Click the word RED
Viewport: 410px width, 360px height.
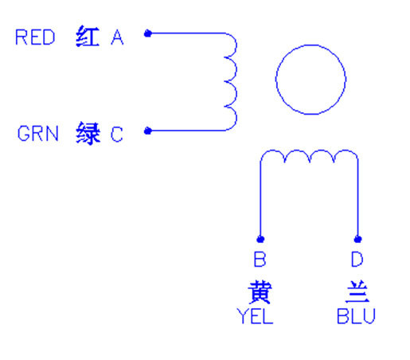[35, 37]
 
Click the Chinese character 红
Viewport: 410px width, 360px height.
[88, 37]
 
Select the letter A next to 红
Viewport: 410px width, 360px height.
[117, 37]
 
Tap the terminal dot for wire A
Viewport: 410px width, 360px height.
[148, 33]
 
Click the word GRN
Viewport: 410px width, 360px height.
[37, 134]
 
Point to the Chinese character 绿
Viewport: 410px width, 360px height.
[88, 133]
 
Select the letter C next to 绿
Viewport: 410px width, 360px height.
[117, 134]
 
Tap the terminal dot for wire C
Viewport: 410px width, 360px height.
[148, 131]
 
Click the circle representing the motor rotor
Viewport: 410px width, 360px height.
[276, 80]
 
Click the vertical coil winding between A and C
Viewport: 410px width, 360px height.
[236, 82]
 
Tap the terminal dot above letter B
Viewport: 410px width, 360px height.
[260, 239]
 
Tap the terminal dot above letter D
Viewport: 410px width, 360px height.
[357, 239]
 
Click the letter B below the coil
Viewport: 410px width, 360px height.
[260, 259]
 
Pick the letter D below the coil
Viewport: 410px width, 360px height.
[357, 259]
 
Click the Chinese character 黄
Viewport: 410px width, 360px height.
[260, 292]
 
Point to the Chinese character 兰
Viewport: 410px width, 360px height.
[357, 292]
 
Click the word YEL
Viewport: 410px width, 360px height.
[255, 316]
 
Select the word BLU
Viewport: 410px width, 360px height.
[356, 316]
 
